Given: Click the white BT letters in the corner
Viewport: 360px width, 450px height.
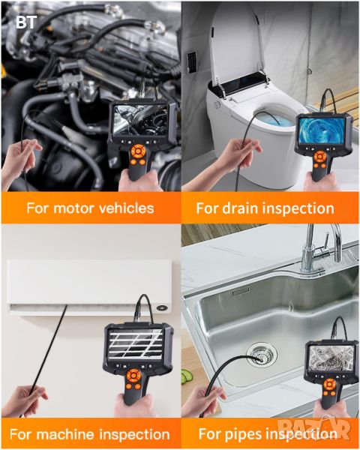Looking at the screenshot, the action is (x=26, y=22).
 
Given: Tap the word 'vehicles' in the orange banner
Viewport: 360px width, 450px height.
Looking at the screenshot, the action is (x=126, y=208).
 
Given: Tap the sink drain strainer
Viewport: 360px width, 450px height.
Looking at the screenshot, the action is (x=262, y=355).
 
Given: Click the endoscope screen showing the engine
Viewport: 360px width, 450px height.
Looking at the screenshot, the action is (x=140, y=120).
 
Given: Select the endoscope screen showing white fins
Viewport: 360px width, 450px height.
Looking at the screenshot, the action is (x=136, y=344).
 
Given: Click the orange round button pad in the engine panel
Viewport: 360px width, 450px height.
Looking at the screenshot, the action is (x=138, y=151).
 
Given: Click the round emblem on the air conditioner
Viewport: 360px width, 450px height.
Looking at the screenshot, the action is (x=162, y=308).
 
